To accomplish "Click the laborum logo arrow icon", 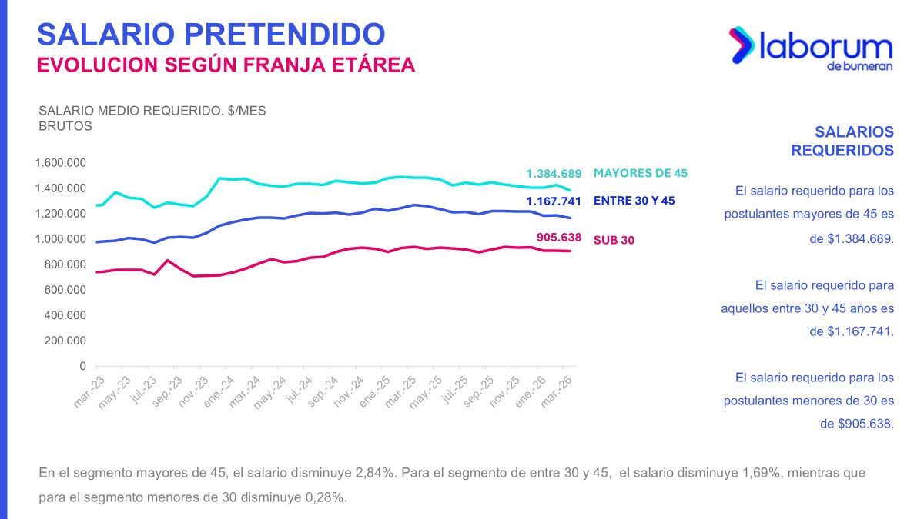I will coord(742,45).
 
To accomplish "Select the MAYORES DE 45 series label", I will coord(641,174).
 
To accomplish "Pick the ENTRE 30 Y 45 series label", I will coord(634,201).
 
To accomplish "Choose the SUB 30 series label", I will coord(614,240).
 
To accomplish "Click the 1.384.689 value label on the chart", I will coord(554,174).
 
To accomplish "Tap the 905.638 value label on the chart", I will coord(559,237).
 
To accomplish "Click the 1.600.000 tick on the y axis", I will coord(60,163).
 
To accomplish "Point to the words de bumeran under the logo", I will coord(859,67).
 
